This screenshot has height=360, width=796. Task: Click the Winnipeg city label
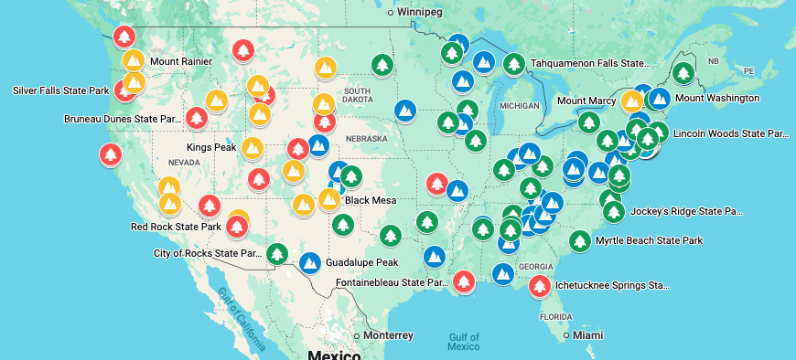click(422, 12)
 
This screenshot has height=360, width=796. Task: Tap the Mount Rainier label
click(181, 62)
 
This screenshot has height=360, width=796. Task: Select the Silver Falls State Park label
click(61, 90)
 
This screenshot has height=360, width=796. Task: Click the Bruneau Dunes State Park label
click(123, 119)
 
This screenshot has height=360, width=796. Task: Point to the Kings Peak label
click(211, 147)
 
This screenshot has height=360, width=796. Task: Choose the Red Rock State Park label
click(176, 227)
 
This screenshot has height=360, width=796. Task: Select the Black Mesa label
click(370, 199)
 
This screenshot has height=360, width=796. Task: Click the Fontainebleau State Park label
click(393, 283)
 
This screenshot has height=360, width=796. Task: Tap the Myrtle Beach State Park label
click(649, 240)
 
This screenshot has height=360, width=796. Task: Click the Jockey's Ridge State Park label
click(686, 211)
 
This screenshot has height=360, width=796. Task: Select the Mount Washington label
click(717, 98)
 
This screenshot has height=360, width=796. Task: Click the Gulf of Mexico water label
click(464, 341)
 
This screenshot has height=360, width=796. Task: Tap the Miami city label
click(587, 335)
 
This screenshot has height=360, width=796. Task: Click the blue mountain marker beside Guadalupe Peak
click(310, 262)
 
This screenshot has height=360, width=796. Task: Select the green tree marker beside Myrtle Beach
click(579, 241)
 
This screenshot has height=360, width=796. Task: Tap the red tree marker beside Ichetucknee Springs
click(540, 286)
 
